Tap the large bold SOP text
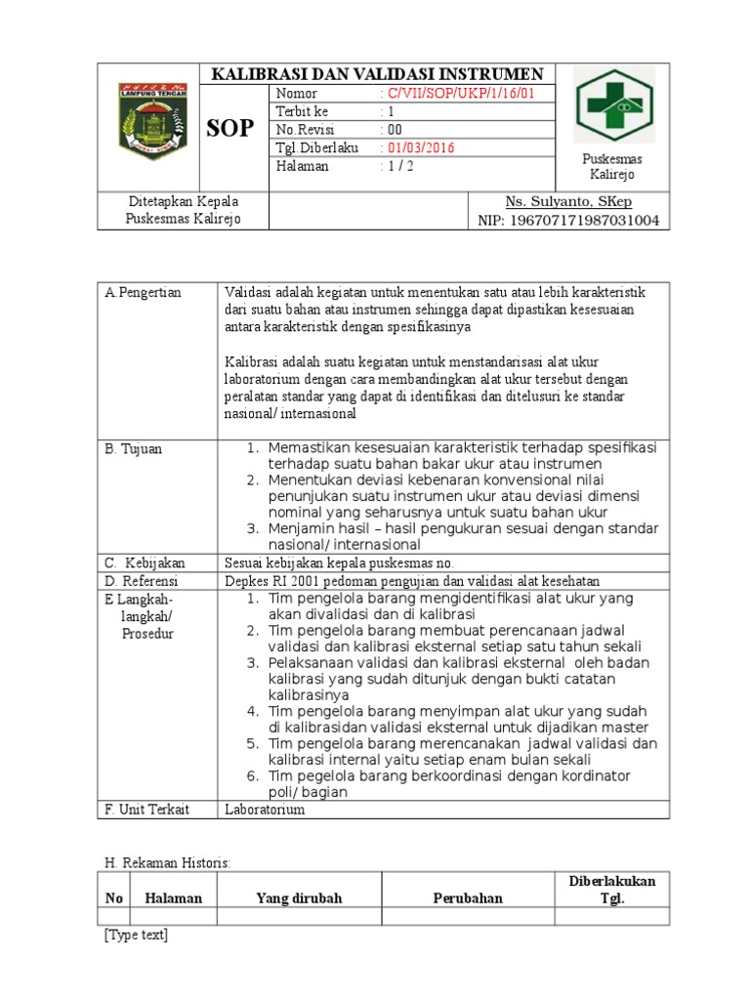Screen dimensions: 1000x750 point(231,128)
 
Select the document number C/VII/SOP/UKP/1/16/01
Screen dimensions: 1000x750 point(456,93)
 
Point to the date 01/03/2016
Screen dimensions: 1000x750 point(418,147)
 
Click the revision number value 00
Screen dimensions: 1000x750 point(394,129)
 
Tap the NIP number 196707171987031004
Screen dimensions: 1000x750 point(581,221)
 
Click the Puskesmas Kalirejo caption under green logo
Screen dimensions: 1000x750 point(611,166)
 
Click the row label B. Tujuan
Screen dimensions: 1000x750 point(134,448)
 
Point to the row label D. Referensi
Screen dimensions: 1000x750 point(144,580)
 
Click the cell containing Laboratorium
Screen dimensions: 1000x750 point(265,810)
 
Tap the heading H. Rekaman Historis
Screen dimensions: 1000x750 point(168,863)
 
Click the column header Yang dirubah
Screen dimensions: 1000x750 point(299,898)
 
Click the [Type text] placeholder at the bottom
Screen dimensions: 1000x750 point(136,935)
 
